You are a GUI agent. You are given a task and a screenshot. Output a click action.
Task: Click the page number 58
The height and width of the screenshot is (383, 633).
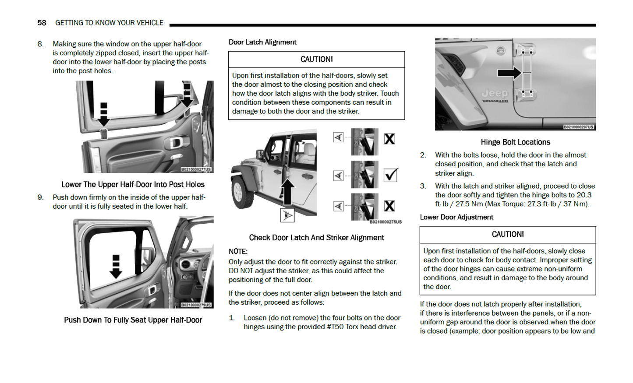pos(42,23)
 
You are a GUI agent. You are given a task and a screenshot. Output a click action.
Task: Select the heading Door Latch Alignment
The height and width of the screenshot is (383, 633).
pos(262,42)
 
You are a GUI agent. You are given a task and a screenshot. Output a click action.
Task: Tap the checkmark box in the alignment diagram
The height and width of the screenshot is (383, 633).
pos(390,175)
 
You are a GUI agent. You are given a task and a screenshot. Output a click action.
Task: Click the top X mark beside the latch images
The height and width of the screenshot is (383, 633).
pos(389,139)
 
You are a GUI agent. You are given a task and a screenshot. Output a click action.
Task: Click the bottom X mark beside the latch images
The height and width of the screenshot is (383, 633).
pos(389,206)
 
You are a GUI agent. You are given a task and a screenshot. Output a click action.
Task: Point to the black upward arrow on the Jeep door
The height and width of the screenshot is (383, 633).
pos(287,190)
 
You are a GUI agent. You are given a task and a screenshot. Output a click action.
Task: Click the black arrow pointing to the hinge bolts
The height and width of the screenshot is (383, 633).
pos(509,73)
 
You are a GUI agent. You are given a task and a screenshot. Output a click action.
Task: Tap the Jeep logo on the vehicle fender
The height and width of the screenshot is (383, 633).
pos(495,93)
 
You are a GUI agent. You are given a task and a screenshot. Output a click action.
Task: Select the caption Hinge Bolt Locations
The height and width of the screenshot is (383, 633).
pos(515,142)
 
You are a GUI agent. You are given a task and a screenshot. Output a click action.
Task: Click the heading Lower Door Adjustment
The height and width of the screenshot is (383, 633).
pos(456,217)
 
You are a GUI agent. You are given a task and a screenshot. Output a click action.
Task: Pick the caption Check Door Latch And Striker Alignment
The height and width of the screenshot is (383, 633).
pos(316,238)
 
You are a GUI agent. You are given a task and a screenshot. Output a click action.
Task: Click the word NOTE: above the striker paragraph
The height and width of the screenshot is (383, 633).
pos(238,251)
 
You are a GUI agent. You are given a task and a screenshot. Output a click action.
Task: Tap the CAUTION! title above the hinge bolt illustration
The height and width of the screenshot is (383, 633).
pos(316,60)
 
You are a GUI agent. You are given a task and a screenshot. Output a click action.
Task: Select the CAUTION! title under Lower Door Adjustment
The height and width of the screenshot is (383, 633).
pos(507,235)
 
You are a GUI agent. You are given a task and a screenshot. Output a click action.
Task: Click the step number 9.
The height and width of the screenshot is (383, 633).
pos(40,197)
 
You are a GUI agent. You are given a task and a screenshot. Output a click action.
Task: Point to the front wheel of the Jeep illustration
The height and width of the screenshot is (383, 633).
pos(240,193)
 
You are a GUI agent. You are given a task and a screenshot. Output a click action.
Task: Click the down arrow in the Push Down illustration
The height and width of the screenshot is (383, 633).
pos(116,267)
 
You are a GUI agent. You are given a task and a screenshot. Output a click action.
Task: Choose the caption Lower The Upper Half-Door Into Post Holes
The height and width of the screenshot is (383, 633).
pos(133,185)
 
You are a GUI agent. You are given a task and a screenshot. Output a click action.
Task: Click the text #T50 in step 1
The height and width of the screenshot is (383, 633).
pos(335,327)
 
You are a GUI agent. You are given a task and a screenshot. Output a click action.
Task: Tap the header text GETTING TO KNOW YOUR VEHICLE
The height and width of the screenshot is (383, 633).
pos(109,23)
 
